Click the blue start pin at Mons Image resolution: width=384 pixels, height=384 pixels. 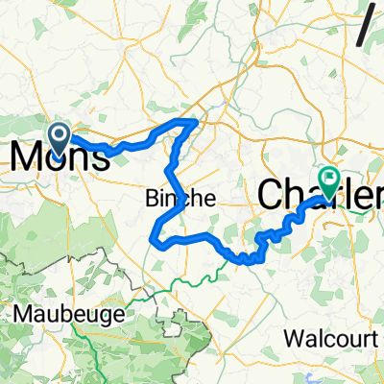pos(58,139)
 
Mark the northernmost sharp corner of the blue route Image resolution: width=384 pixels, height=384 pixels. pos(197,122)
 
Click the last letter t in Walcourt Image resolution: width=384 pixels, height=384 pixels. pos(369,339)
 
